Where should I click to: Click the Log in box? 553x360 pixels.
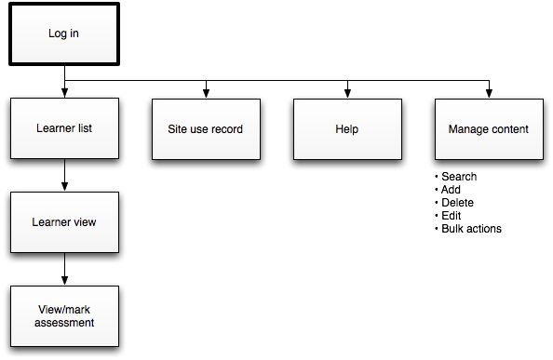[63, 34]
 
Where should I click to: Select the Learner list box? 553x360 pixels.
[63, 128]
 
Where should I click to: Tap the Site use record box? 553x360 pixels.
[205, 128]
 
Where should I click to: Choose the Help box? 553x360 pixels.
[347, 128]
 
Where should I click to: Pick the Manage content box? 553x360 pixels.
[488, 128]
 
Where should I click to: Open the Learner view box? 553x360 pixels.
[63, 222]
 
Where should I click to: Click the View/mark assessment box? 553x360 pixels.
[63, 316]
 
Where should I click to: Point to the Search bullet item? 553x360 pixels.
[459, 177]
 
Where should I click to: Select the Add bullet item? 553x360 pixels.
[452, 190]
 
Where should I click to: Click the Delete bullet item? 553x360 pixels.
[457, 203]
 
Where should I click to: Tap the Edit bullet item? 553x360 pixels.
[452, 216]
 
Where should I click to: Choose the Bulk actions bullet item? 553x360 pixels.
[471, 229]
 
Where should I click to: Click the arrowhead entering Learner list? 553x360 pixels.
[63, 94]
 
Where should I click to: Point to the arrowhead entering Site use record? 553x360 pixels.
[206, 94]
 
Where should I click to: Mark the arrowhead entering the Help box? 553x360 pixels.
[347, 94]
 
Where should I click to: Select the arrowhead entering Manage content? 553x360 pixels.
[489, 94]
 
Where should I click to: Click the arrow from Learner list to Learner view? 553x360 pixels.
[63, 175]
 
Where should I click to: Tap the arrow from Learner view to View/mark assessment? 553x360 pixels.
[63, 269]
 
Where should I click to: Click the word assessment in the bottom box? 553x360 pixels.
[64, 323]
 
